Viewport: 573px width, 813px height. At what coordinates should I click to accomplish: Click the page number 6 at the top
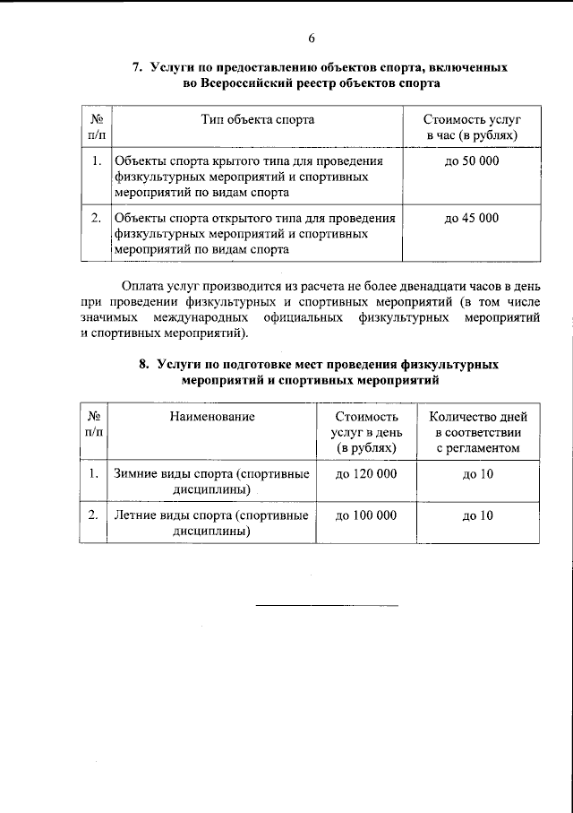click(x=312, y=37)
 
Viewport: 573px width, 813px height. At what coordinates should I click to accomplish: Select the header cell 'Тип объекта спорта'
click(x=257, y=118)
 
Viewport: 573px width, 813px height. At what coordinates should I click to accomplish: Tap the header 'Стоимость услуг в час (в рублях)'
click(x=473, y=126)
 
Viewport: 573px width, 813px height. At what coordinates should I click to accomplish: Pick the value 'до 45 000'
click(x=472, y=218)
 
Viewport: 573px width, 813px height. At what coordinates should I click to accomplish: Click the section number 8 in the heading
click(x=143, y=365)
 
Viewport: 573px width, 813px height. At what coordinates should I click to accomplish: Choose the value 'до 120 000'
click(x=364, y=472)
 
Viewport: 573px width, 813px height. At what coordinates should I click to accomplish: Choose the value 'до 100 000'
click(x=364, y=515)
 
